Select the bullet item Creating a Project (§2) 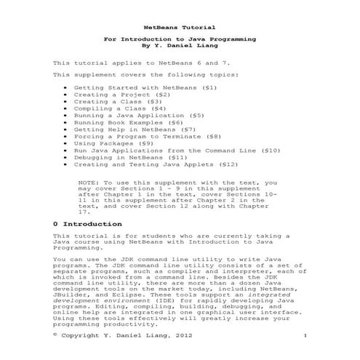click(122, 95)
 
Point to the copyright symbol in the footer click(56, 334)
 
